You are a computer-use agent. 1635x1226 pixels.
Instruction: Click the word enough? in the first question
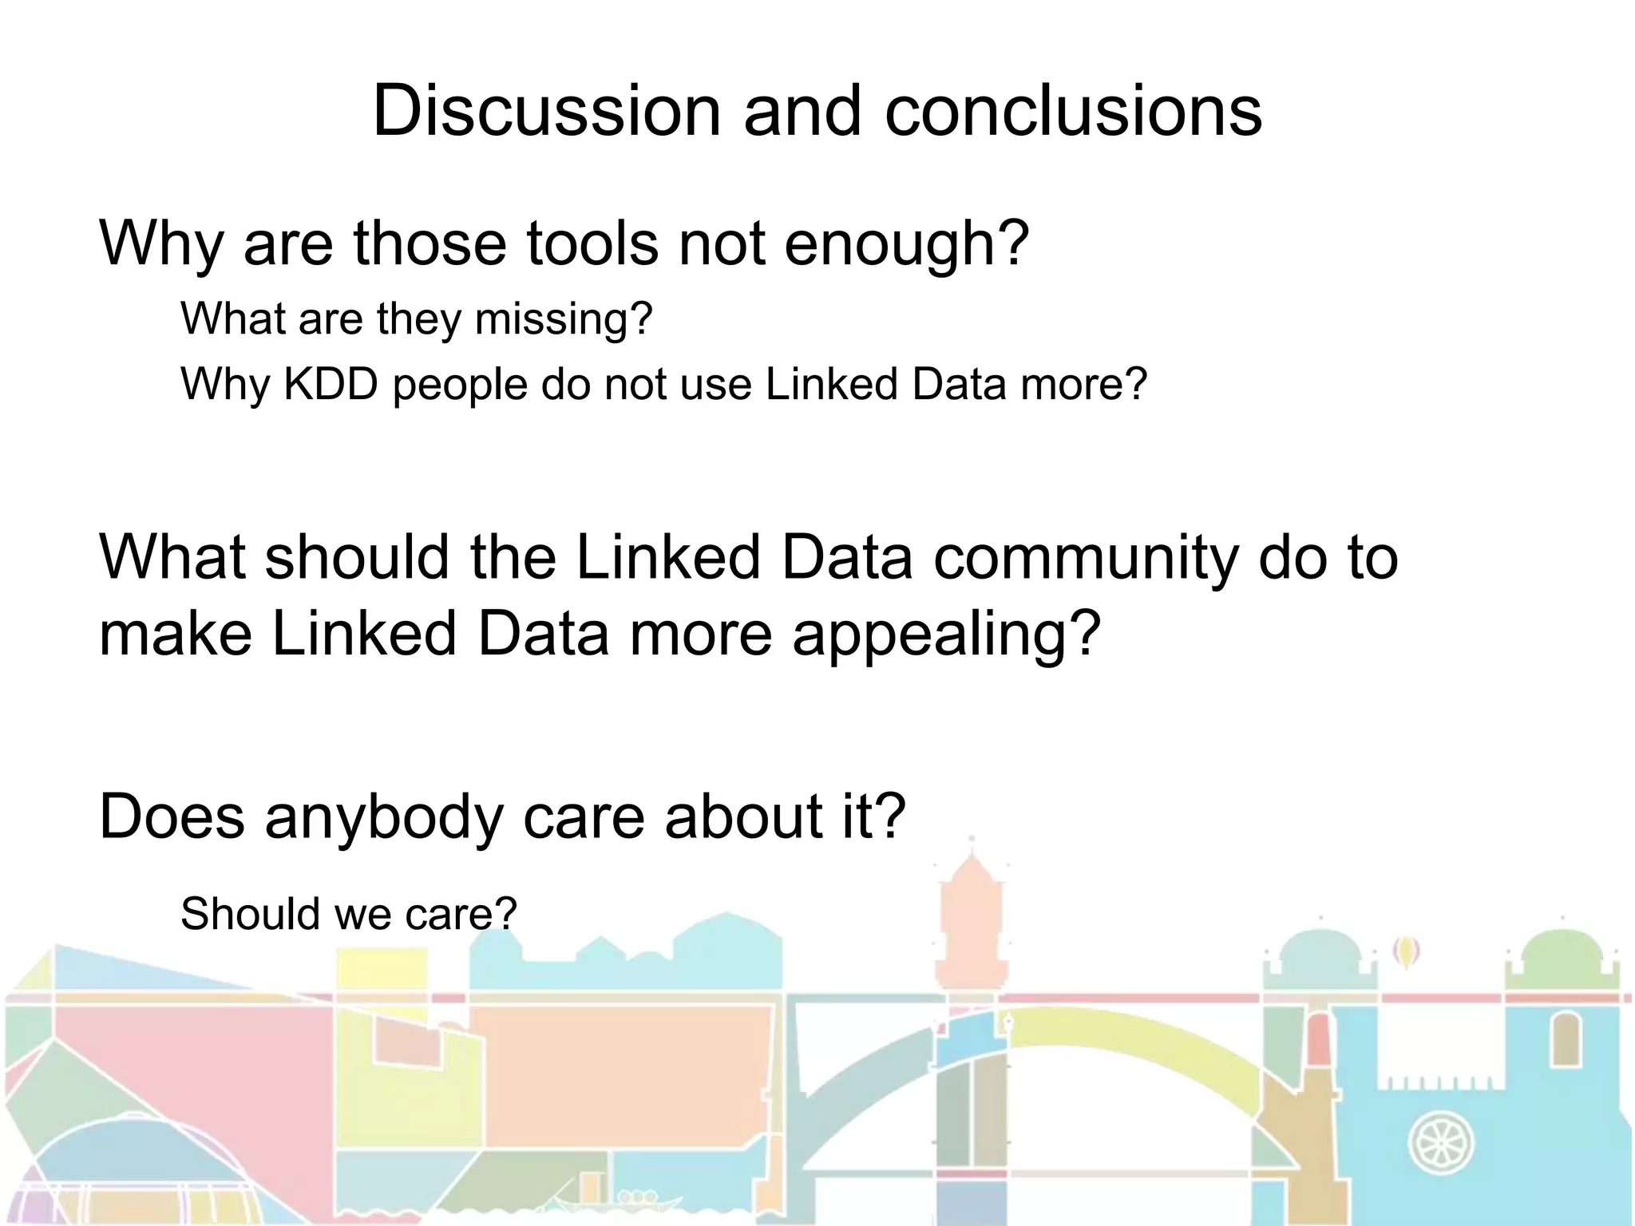tap(906, 244)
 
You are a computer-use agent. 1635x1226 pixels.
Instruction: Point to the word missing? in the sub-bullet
tap(563, 319)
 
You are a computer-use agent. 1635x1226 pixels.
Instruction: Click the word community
tap(1085, 557)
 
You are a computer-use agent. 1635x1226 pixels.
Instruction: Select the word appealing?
tap(946, 635)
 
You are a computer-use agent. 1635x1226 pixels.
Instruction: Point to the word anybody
tap(382, 817)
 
